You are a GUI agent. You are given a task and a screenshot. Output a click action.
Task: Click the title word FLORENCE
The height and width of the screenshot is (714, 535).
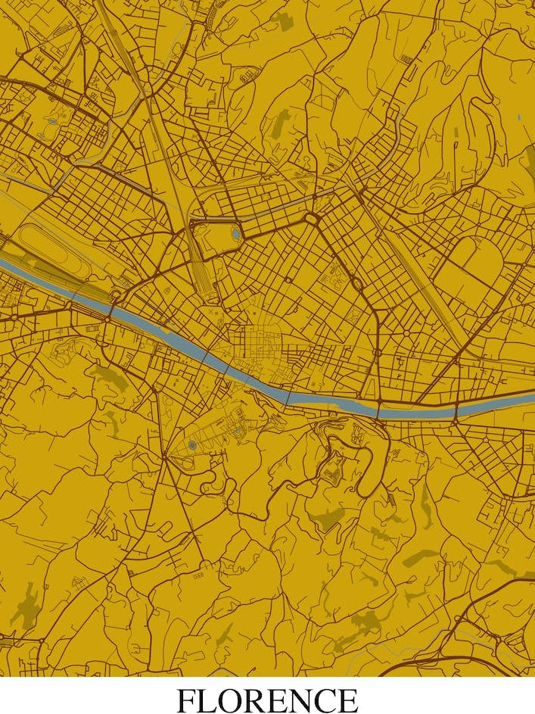(x=267, y=699)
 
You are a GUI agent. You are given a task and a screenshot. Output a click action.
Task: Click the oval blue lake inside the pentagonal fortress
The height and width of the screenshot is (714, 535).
(x=235, y=234)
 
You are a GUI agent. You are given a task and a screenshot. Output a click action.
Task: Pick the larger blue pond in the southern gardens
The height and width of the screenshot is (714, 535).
(x=192, y=445)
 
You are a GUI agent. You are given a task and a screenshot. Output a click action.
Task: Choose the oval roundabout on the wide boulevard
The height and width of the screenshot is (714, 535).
(x=355, y=282)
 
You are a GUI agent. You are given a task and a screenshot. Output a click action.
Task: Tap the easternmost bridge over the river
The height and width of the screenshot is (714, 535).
(x=457, y=410)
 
